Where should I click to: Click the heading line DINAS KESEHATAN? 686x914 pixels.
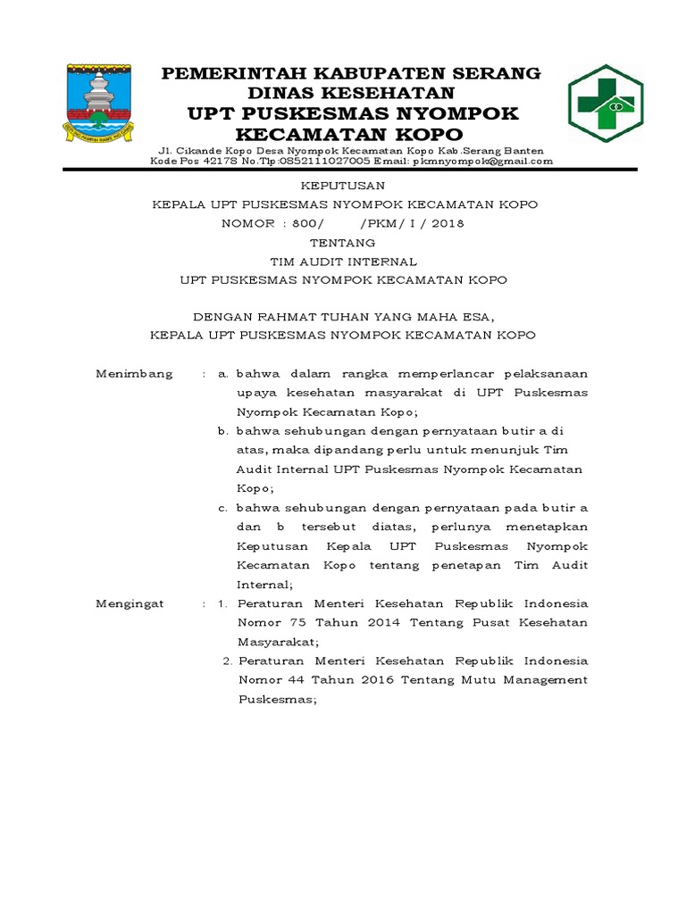tap(351, 93)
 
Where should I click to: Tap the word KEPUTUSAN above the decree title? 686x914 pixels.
tap(343, 186)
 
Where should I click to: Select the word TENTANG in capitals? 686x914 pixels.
tap(343, 242)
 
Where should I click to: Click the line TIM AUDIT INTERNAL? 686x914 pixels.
tap(343, 261)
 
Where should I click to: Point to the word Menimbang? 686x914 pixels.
tap(134, 373)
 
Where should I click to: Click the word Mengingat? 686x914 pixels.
tap(130, 603)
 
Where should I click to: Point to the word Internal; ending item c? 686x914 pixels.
tap(264, 585)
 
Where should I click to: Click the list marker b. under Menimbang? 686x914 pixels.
tap(224, 430)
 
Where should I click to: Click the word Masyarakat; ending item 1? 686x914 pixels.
tap(278, 642)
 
